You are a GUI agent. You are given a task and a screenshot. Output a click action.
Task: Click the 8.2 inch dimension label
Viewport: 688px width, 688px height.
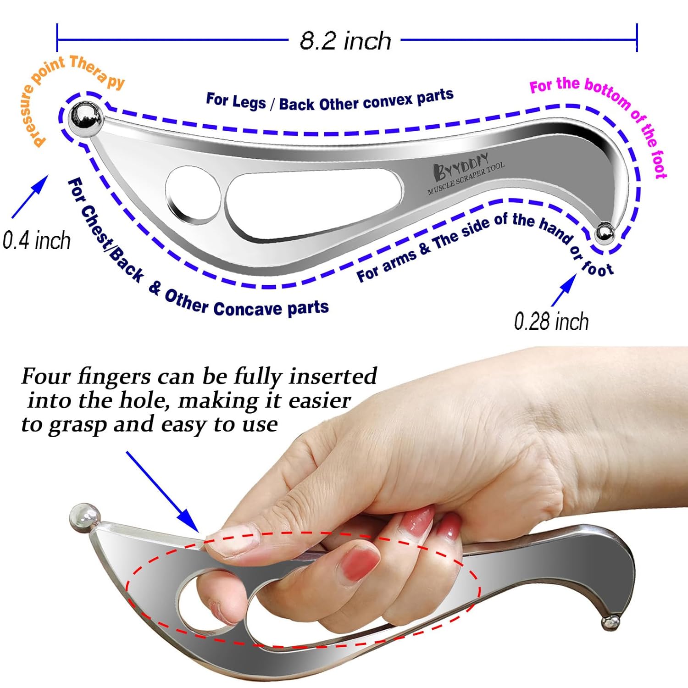click(345, 40)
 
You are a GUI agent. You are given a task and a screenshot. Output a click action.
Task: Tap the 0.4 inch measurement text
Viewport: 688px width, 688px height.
click(37, 240)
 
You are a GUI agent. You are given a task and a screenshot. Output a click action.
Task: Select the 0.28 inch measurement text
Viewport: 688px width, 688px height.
click(551, 321)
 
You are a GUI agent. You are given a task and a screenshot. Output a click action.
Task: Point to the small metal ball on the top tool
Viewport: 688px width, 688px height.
click(604, 233)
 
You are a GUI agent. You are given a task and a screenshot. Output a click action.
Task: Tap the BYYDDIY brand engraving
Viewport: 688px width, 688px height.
click(461, 166)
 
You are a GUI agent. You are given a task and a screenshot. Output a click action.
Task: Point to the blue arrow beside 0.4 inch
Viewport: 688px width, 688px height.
click(30, 197)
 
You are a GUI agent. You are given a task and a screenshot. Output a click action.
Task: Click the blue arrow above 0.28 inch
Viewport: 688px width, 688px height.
click(564, 290)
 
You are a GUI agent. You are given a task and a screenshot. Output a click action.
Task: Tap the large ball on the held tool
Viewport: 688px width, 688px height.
click(84, 518)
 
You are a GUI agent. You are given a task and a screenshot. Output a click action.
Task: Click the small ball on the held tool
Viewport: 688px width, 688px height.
click(611, 622)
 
